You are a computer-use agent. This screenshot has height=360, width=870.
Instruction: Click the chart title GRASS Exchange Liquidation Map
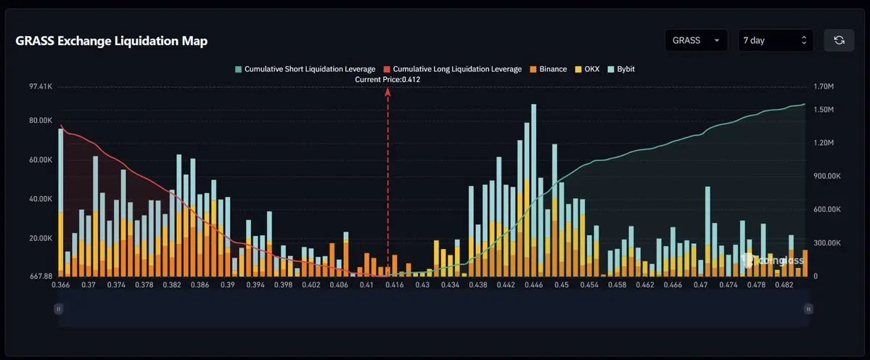click(x=112, y=41)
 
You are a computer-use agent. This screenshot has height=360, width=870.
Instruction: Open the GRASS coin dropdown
click(x=697, y=41)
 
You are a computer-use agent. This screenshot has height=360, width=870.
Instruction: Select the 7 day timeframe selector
click(x=776, y=41)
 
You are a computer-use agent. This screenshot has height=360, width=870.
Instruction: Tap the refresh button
click(x=839, y=41)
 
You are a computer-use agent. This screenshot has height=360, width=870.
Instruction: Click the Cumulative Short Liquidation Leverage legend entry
click(x=305, y=70)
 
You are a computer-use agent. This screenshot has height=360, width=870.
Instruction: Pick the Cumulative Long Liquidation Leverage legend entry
click(x=453, y=70)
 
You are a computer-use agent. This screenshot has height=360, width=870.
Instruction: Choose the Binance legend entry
click(x=548, y=70)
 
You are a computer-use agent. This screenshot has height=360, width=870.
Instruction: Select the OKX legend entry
click(x=587, y=70)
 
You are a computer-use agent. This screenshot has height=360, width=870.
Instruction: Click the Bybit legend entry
click(x=621, y=70)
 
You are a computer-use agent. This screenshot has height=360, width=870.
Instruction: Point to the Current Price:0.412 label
click(x=388, y=80)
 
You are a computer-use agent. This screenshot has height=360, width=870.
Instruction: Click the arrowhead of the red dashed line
click(x=388, y=91)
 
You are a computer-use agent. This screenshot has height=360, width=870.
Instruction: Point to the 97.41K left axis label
click(x=41, y=87)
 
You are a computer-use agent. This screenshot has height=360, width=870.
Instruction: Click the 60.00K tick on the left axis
click(x=41, y=160)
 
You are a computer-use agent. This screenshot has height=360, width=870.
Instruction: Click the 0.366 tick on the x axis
click(x=60, y=285)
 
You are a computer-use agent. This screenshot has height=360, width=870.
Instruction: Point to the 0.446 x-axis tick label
click(x=533, y=285)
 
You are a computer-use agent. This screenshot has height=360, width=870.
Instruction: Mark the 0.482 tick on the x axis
click(x=784, y=285)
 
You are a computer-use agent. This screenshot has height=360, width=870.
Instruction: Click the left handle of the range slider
click(x=58, y=309)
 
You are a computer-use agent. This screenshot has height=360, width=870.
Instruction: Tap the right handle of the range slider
click(x=808, y=309)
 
